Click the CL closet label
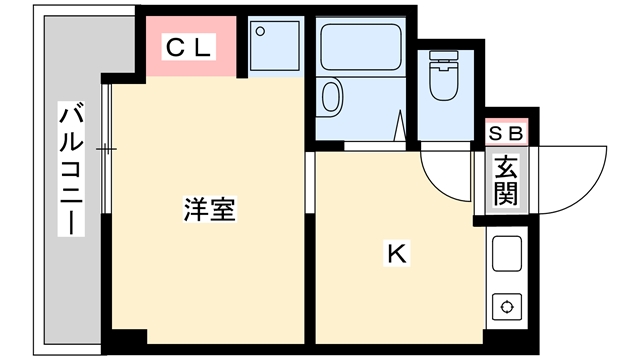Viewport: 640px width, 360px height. pyautogui.click(x=188, y=47)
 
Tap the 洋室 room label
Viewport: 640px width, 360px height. pyautogui.click(x=209, y=209)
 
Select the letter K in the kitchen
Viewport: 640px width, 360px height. pyautogui.click(x=396, y=253)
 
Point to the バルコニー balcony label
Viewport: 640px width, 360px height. pyautogui.click(x=71, y=169)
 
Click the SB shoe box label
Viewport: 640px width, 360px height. pyautogui.click(x=506, y=133)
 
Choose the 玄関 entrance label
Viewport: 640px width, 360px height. pyautogui.click(x=506, y=180)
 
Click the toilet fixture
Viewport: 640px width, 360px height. pyautogui.click(x=444, y=75)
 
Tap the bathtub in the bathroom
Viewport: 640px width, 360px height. pyautogui.click(x=360, y=47)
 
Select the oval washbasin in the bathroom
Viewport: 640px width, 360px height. pyautogui.click(x=331, y=96)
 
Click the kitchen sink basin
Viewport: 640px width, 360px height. pyautogui.click(x=507, y=253)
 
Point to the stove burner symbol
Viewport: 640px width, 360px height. pyautogui.click(x=507, y=307)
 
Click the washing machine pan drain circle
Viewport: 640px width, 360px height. pyautogui.click(x=260, y=31)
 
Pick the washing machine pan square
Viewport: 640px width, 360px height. pyautogui.click(x=275, y=46)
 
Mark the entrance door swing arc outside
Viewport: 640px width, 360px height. pyautogui.click(x=584, y=191)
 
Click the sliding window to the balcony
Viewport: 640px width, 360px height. pyautogui.click(x=106, y=149)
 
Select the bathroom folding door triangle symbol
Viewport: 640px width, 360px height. pyautogui.click(x=400, y=125)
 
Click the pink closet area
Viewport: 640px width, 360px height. pyautogui.click(x=191, y=47)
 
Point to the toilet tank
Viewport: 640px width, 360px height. pyautogui.click(x=444, y=55)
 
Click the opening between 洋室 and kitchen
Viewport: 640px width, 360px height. pyautogui.click(x=310, y=182)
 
